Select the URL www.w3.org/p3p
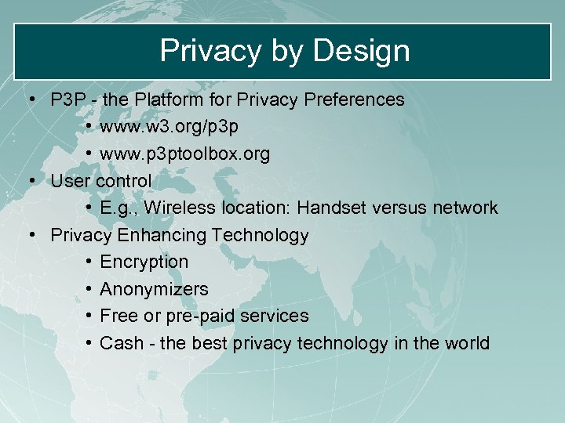[169, 127]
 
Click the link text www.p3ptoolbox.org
[185, 154]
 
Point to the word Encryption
[144, 262]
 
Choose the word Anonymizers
[155, 289]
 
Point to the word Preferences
[353, 99]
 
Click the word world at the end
[467, 343]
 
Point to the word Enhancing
[162, 235]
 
